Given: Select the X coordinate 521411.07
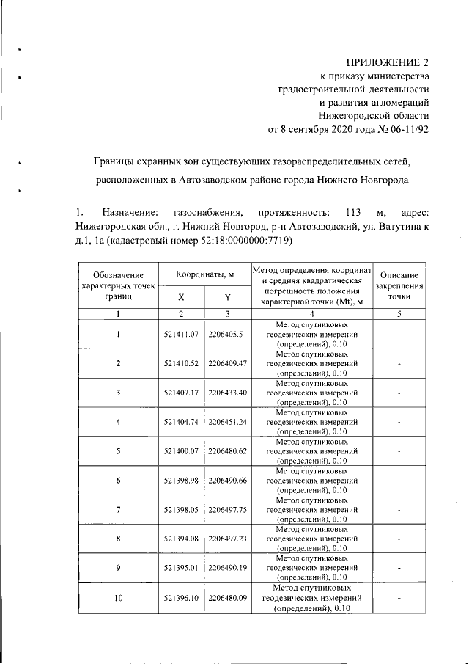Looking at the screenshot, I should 182,334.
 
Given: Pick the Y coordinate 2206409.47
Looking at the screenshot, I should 229,363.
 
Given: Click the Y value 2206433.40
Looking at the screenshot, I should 229,393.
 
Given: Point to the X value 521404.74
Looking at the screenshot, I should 182,422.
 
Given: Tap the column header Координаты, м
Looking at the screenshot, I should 204,274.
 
